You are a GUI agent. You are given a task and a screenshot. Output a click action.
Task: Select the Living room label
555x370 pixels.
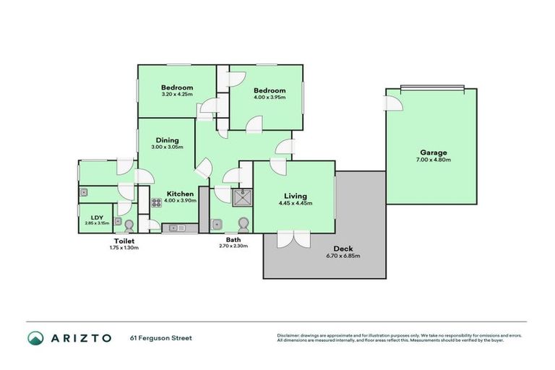tap(295, 196)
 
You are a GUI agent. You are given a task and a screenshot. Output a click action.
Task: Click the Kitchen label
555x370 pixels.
tap(179, 194)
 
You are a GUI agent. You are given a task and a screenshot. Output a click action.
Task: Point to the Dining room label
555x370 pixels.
tap(167, 140)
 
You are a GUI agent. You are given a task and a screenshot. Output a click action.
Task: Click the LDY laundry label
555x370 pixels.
tap(97, 217)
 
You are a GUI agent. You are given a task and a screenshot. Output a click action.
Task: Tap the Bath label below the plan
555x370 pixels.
tap(233, 239)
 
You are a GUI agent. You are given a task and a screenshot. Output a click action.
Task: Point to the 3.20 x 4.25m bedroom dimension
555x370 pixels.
tap(177, 94)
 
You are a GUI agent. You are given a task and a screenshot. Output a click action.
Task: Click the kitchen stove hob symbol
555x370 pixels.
tap(156, 203)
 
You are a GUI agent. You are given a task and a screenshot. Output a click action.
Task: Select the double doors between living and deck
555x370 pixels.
tap(294, 239)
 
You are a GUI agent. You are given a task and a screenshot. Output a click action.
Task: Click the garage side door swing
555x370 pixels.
tap(392, 103)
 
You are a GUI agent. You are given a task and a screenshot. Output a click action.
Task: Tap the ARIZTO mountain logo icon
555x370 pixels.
tap(35, 337)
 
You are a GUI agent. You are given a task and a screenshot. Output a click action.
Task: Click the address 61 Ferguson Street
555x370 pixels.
tap(160, 337)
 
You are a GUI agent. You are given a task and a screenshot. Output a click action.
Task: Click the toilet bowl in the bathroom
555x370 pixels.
tap(244, 223)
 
